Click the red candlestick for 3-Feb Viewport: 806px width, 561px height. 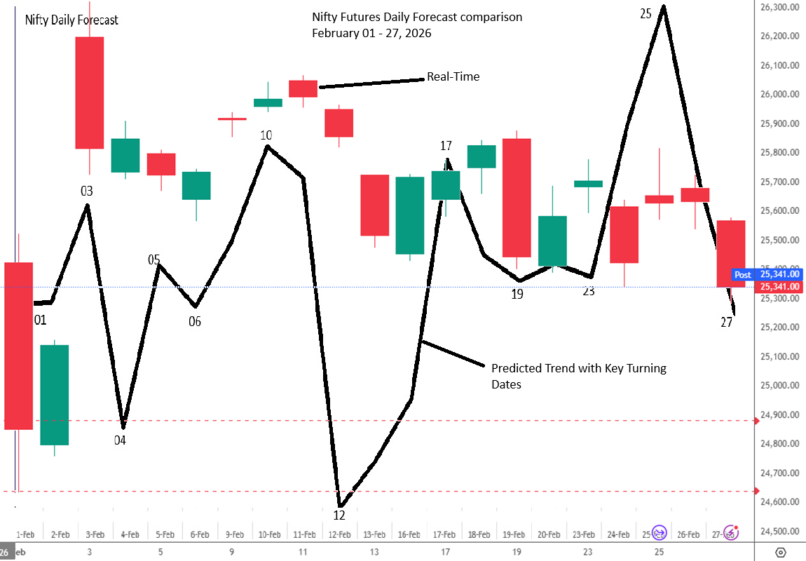coord(90,93)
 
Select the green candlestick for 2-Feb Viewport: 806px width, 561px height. coord(54,395)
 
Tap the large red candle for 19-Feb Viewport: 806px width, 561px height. coord(517,198)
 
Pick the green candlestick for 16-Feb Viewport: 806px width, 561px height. coord(410,215)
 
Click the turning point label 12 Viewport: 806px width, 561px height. coord(339,515)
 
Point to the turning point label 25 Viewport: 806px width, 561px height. coord(646,13)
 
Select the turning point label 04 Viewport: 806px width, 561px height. coord(120,441)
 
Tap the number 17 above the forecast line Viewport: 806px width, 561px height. coord(446,146)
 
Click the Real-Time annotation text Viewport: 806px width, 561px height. coord(453,76)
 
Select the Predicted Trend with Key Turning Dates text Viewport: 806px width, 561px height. coord(578,376)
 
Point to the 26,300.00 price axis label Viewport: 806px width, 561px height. coord(779,7)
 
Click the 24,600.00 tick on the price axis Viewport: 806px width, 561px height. coord(779,501)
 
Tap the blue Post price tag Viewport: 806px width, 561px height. coord(742,275)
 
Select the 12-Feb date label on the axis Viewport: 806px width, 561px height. coord(339,534)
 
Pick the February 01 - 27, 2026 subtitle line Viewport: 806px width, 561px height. coord(371,33)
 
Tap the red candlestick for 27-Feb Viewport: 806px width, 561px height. coord(730,253)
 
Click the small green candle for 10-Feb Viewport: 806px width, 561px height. coord(268,102)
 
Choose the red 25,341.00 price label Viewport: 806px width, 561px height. coord(779,286)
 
